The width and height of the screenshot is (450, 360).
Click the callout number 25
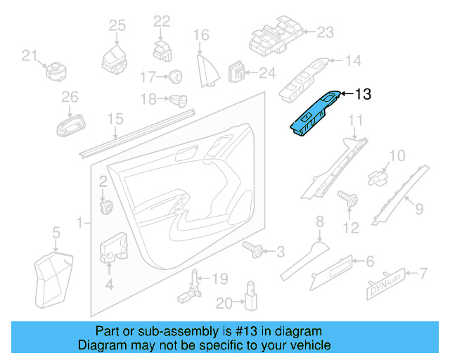pos(117,25)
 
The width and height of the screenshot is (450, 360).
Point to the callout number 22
pos(162,21)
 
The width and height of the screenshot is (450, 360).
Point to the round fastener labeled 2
pos(108,207)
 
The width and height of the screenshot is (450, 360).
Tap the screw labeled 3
pos(252,247)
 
